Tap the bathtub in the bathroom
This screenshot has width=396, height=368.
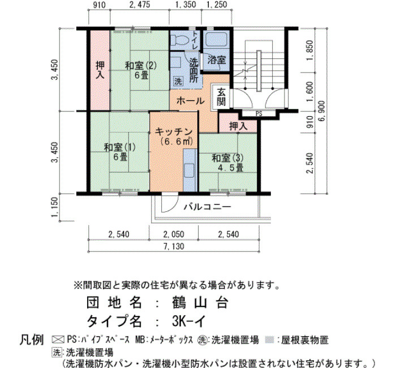217,40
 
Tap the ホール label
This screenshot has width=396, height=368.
190,101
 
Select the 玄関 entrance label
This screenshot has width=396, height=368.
221,97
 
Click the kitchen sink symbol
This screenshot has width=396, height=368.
190,170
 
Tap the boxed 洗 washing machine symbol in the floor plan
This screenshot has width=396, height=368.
178,82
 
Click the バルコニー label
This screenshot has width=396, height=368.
207,207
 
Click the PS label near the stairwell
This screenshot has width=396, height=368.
259,114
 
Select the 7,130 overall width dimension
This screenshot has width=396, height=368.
174,246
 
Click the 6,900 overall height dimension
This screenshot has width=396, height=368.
322,111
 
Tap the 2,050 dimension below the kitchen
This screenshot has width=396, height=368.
174,234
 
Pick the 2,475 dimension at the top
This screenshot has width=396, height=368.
139,5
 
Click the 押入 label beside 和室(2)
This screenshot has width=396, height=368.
100,70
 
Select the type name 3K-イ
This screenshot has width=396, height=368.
189,322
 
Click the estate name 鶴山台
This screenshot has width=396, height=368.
200,302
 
